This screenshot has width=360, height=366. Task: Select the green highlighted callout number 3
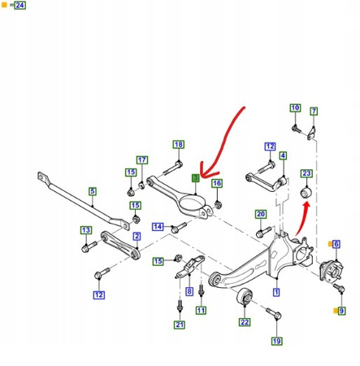click(x=194, y=177)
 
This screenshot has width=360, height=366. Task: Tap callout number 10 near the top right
click(x=295, y=108)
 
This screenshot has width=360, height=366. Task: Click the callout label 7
click(x=313, y=111)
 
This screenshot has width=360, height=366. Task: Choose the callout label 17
click(x=142, y=160)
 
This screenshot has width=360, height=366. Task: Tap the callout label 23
click(x=306, y=173)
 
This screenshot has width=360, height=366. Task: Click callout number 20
click(x=260, y=215)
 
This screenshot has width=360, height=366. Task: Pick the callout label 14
click(x=158, y=226)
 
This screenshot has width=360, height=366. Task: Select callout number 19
click(x=276, y=341)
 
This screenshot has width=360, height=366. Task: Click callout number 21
click(x=179, y=325)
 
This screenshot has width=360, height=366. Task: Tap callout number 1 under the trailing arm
click(x=276, y=290)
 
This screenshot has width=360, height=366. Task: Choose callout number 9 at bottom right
click(x=342, y=310)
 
